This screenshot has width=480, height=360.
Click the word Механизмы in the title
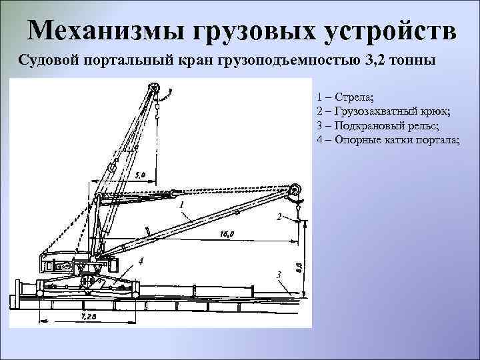pyautogui.click(x=107, y=30)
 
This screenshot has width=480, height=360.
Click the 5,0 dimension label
pyautogui.click(x=140, y=175)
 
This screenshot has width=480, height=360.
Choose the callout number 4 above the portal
pyautogui.click(x=141, y=259)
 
